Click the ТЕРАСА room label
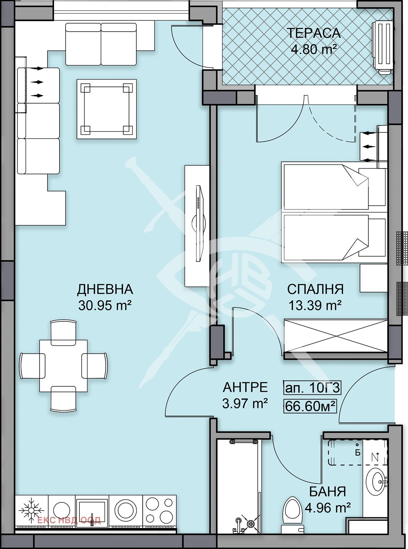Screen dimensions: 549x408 [x=313, y=33]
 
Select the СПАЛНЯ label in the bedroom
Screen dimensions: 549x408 [x=315, y=289]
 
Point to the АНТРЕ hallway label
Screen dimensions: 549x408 [x=245, y=387]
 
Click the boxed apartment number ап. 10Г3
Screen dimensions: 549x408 [x=312, y=388]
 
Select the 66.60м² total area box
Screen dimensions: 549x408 [x=310, y=406]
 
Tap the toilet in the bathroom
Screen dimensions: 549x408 [x=292, y=514]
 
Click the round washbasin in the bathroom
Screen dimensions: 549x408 [x=377, y=482]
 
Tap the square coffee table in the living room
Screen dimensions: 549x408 [x=106, y=109]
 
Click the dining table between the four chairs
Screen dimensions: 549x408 [x=63, y=366]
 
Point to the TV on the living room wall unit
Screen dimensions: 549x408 [x=199, y=223]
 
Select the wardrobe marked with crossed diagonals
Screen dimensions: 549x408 [x=335, y=336]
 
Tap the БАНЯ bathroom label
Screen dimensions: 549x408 [x=327, y=492]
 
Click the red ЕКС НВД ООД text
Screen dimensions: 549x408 [x=69, y=520]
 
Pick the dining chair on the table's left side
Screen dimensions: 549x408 [x=32, y=366]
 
